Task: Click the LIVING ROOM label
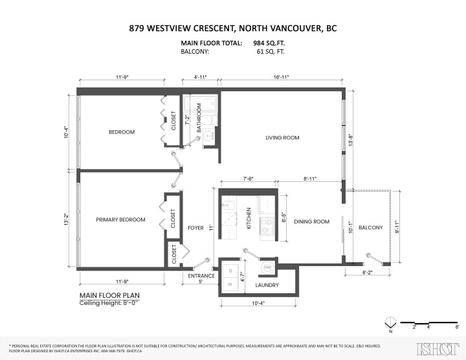tap(282, 137)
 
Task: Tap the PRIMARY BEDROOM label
tap(120, 219)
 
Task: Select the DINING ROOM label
tap(312, 221)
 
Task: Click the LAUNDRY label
tap(267, 286)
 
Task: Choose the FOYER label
tap(195, 227)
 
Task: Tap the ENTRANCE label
tap(201, 276)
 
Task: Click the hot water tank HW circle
tap(267, 267)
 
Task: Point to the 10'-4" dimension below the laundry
tap(258, 302)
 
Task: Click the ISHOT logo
tap(434, 346)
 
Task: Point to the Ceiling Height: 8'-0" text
tap(109, 302)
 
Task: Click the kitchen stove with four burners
tap(266, 225)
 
